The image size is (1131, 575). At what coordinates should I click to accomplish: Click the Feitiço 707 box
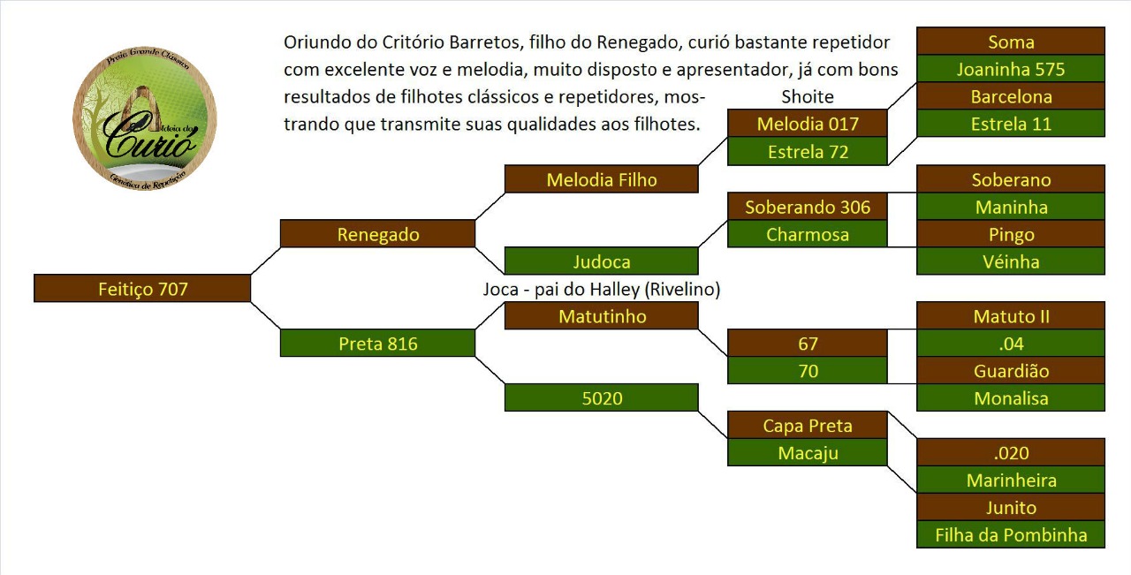point(142,288)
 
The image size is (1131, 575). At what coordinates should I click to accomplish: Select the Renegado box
point(377,234)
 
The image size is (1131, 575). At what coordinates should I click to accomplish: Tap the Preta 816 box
point(377,344)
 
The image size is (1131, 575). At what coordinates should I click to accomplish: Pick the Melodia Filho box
point(602,179)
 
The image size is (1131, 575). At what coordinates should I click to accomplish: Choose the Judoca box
point(602,261)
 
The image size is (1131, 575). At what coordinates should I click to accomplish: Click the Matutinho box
point(602,316)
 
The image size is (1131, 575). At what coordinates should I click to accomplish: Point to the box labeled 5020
point(602,397)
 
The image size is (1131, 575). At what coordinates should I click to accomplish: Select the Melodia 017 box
point(808,123)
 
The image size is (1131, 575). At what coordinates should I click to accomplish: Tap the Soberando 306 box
point(808,207)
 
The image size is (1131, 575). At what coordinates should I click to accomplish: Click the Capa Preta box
point(808,425)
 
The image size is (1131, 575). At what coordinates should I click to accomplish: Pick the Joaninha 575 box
point(1011,69)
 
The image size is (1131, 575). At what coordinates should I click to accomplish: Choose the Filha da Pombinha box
point(1011,534)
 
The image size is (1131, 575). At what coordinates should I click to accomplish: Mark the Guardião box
point(1011,371)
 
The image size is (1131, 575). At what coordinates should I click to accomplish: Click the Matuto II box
point(1011,316)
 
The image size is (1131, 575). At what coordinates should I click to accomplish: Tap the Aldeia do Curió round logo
point(145,118)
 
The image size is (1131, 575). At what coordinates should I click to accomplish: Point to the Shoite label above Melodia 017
point(808,96)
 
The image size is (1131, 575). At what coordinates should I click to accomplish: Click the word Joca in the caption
point(500,290)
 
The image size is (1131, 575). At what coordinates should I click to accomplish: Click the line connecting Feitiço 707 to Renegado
point(266,261)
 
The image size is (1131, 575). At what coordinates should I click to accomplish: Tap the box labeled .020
point(1011,452)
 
